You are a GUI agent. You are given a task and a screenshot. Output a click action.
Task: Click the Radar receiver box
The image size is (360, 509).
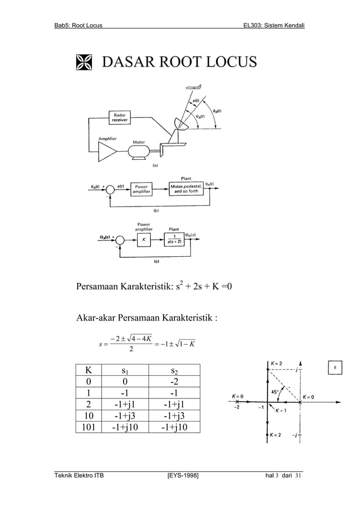(119, 117)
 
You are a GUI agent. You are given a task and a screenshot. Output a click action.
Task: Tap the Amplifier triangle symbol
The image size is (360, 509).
(108, 150)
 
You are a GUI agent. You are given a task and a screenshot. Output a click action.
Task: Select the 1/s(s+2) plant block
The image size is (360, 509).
(176, 239)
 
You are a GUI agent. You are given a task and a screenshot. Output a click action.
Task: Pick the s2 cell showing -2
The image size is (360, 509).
(174, 385)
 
